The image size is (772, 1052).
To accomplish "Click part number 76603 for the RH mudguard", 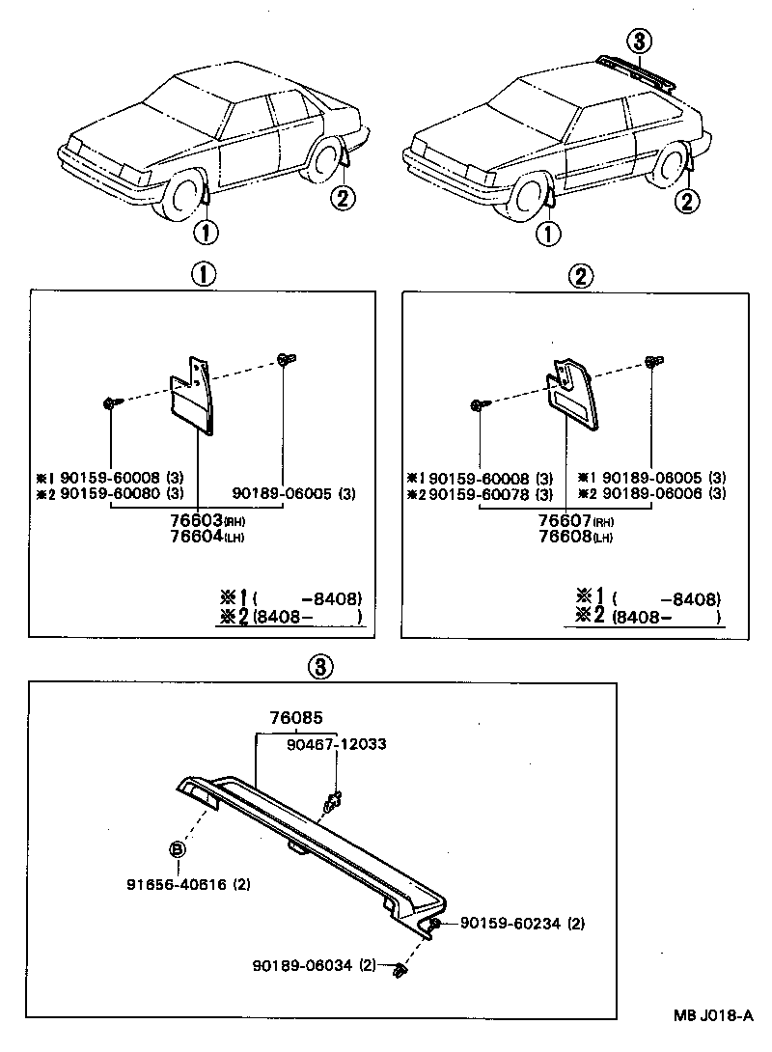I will click(x=198, y=522).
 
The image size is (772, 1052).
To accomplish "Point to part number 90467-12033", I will click(x=337, y=744).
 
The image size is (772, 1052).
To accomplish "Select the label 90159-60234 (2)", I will click(x=522, y=924).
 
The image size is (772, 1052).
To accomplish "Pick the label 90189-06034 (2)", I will click(x=316, y=965).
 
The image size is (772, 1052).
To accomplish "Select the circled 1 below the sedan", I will click(x=205, y=232).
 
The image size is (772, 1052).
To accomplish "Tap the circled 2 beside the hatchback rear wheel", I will click(x=686, y=202).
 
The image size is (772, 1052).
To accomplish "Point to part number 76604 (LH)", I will click(x=198, y=537).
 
